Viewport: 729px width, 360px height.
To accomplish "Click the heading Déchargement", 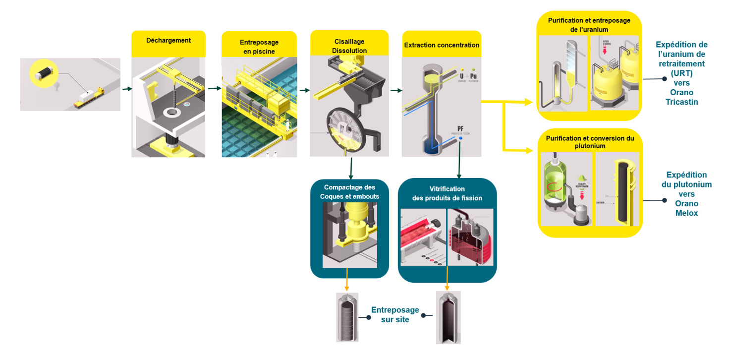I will click(x=168, y=40).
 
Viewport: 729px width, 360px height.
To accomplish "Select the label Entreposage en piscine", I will click(x=259, y=47).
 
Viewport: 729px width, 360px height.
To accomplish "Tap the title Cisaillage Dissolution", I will click(x=349, y=47).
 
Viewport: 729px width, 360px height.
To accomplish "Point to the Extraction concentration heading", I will click(x=442, y=45).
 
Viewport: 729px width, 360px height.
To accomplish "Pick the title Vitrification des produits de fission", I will click(x=447, y=193).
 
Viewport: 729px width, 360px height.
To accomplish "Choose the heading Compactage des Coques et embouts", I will click(x=349, y=191).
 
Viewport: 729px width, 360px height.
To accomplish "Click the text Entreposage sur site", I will click(x=395, y=314).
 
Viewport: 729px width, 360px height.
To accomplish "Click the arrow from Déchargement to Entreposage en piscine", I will click(x=214, y=89).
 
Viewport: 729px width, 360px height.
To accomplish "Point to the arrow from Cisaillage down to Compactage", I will click(x=351, y=168).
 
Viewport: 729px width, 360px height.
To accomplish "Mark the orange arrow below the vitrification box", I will click(x=448, y=281).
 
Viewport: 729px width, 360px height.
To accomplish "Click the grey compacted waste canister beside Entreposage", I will click(x=347, y=317).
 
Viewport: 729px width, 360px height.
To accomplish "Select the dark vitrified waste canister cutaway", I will click(x=448, y=317).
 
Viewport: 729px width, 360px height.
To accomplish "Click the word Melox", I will click(x=686, y=213).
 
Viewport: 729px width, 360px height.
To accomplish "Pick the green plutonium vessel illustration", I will click(x=557, y=183).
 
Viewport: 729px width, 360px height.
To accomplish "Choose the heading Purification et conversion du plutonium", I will click(x=590, y=142).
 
